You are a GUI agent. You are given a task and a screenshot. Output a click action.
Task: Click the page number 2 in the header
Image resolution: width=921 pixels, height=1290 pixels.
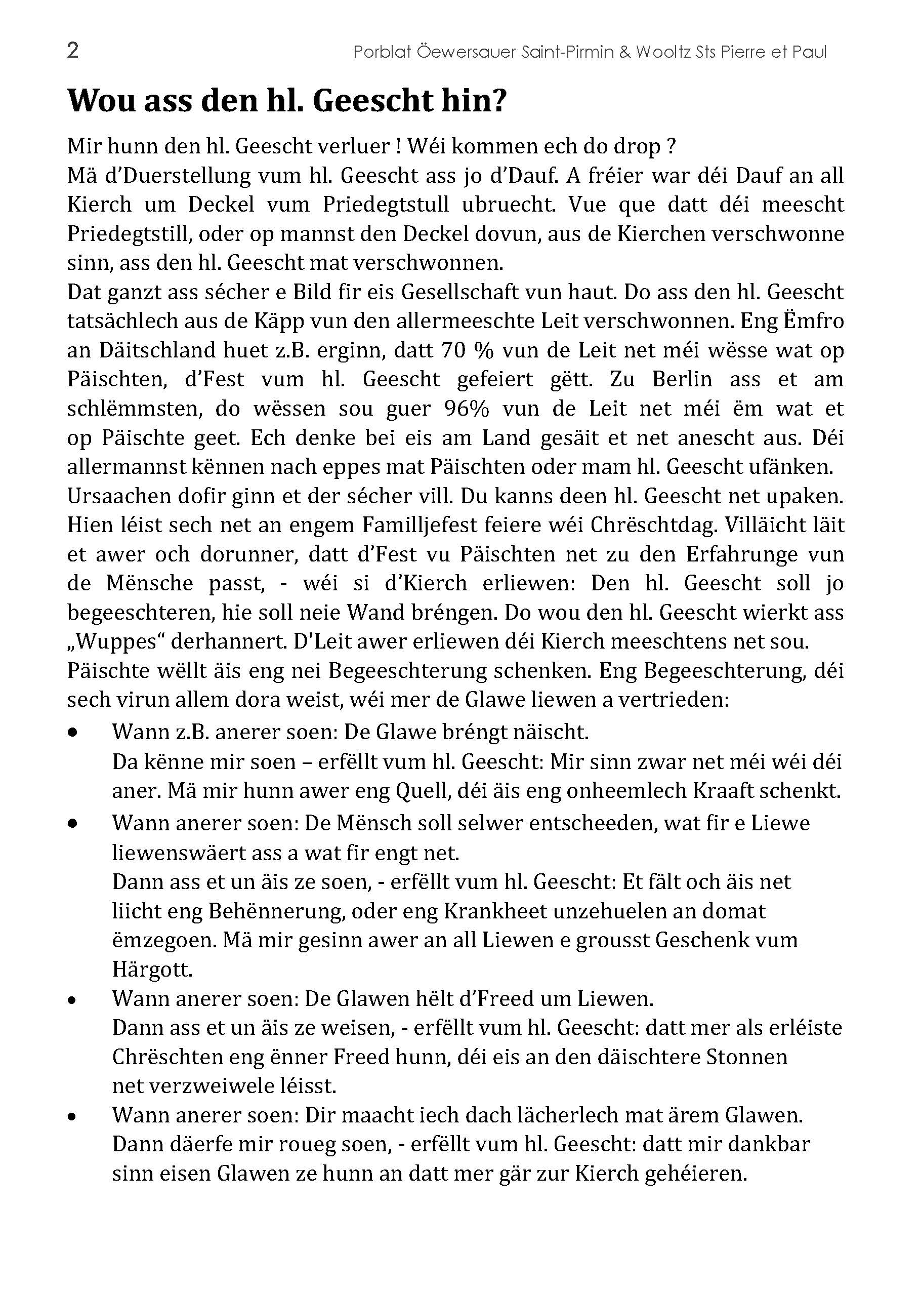click(x=72, y=51)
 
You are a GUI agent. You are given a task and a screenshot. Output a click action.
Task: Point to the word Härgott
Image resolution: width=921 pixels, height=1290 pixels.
click(x=152, y=970)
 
